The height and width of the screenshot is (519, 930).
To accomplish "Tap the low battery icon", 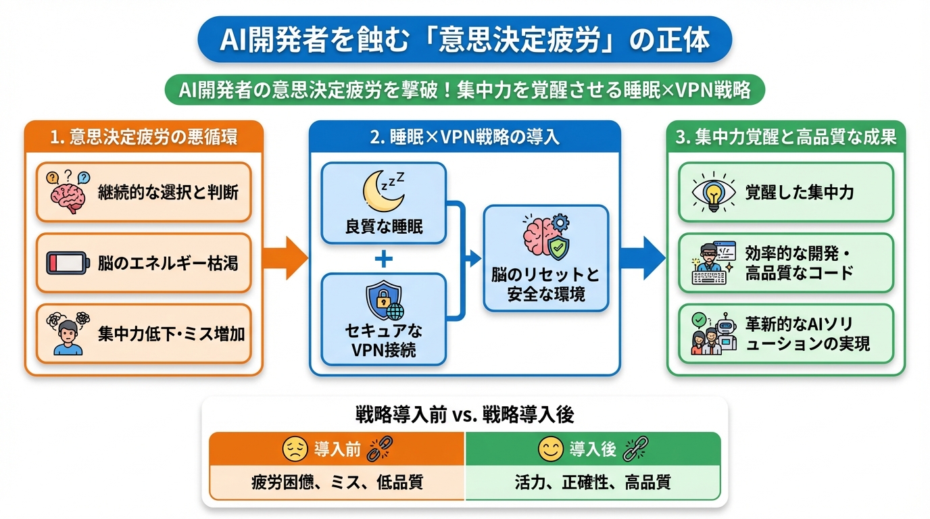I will tap(67, 263).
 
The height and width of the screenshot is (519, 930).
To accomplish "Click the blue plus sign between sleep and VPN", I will tap(383, 257).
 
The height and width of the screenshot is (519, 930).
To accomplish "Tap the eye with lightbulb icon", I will tap(714, 192).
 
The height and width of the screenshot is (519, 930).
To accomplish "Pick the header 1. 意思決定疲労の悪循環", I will tap(144, 137).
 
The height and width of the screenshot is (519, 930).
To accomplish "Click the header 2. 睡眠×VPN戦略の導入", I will tap(465, 137).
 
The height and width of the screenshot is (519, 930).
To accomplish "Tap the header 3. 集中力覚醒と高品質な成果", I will tap(786, 137).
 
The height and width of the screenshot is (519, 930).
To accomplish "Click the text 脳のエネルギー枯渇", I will tap(168, 263).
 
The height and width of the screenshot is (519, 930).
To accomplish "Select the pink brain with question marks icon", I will tap(67, 191).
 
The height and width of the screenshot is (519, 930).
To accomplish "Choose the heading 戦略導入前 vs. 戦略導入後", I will tap(465, 414).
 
